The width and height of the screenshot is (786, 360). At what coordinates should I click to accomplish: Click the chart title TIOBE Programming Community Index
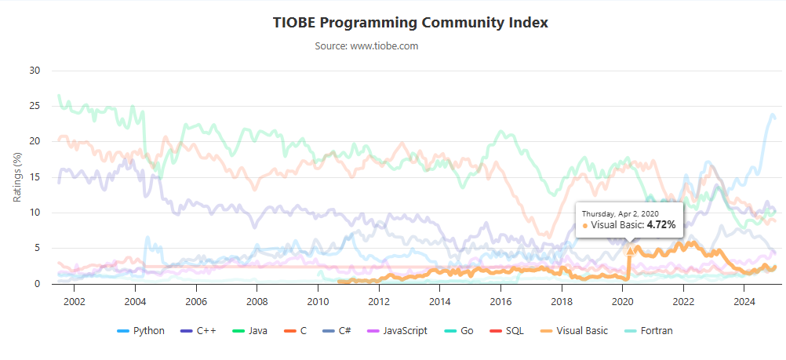pos(409,22)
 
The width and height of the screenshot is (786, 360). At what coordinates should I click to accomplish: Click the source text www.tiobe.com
pos(366,46)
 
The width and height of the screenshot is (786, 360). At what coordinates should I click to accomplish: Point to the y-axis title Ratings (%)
pos(17,177)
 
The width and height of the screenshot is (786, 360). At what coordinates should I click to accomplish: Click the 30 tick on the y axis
pos(35,71)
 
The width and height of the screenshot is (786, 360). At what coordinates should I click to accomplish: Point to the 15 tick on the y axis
pos(35,177)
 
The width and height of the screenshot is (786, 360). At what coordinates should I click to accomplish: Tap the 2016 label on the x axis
pos(500,301)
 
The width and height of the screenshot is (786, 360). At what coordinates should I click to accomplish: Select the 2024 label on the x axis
pos(744,301)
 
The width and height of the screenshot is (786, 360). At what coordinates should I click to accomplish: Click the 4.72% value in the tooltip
pos(660,225)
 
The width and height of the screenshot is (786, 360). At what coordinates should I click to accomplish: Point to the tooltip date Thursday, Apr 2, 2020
pos(620,213)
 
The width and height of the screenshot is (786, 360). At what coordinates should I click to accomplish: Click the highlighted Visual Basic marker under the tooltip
pos(629,250)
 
